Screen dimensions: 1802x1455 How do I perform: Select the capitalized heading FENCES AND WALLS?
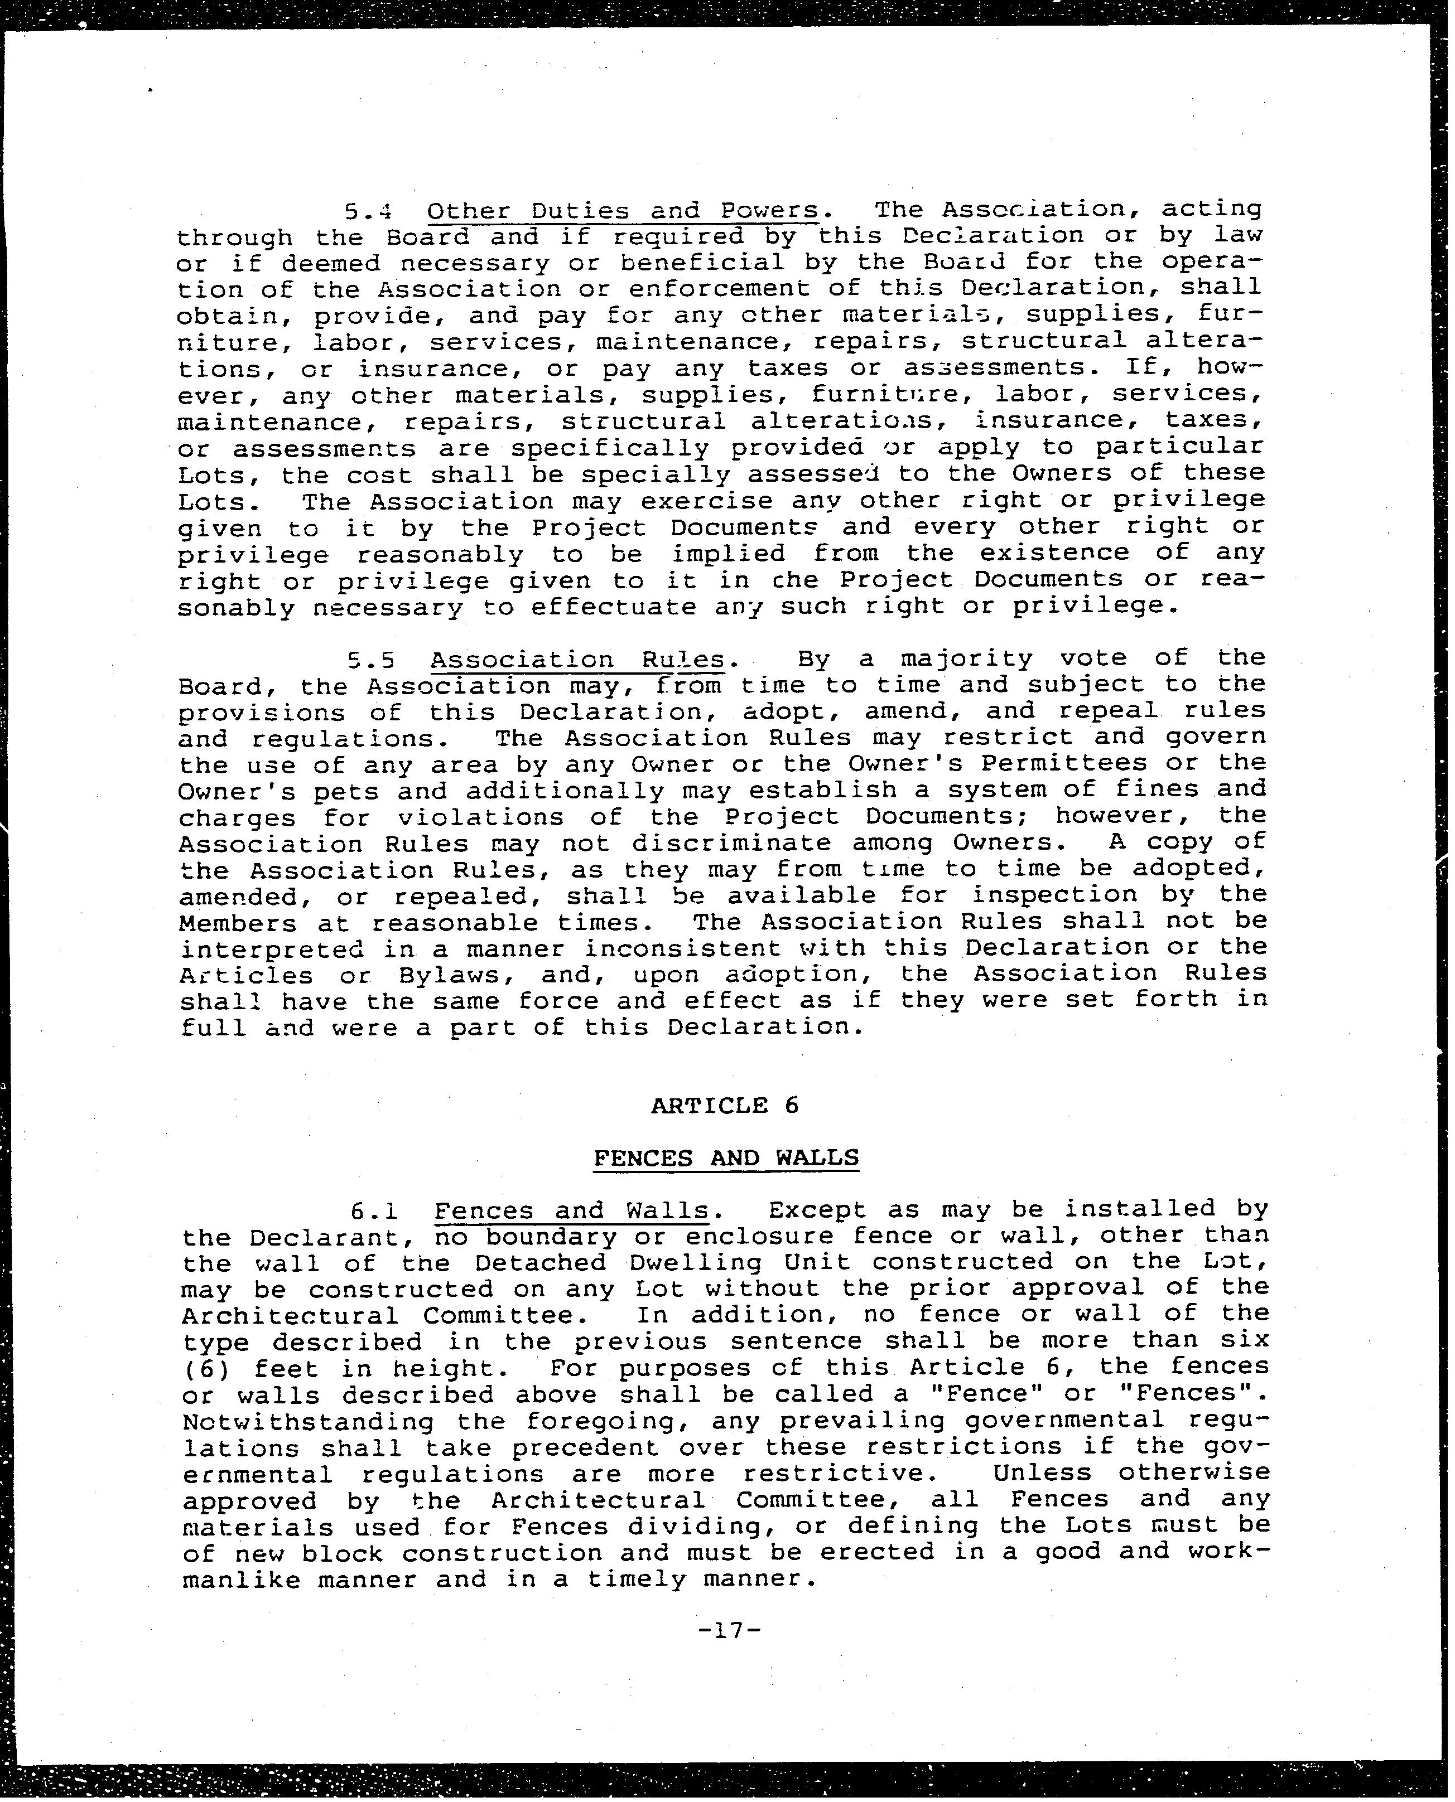click(726, 1158)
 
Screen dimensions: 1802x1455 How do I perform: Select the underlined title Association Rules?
click(577, 660)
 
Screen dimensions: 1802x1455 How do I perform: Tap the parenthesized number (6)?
click(205, 1369)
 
